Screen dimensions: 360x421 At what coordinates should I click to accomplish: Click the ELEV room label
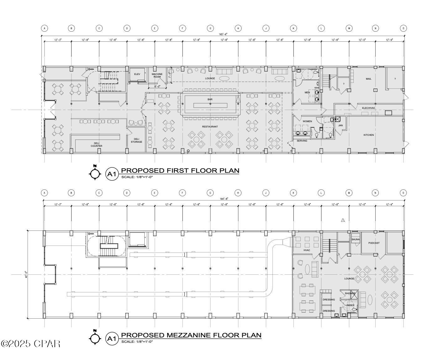point(137,74)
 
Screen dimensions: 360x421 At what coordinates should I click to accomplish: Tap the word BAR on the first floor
point(210,99)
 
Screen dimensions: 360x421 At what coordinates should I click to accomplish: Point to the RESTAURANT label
point(210,127)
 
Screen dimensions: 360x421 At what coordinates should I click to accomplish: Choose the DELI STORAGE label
point(136,140)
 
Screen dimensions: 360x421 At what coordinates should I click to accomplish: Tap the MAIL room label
point(368,79)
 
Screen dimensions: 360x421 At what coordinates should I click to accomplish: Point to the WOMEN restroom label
point(307,121)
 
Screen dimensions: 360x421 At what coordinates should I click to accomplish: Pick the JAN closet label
point(340,125)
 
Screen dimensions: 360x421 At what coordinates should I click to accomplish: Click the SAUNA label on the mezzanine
point(356,240)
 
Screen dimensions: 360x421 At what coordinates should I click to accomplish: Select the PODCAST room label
point(374,243)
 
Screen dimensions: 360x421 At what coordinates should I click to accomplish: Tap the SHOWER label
point(350,294)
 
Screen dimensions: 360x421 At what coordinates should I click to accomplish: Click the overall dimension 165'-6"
point(223,34)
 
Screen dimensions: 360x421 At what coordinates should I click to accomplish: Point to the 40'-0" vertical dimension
point(26,275)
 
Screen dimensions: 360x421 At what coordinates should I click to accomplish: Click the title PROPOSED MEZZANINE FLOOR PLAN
point(191,335)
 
